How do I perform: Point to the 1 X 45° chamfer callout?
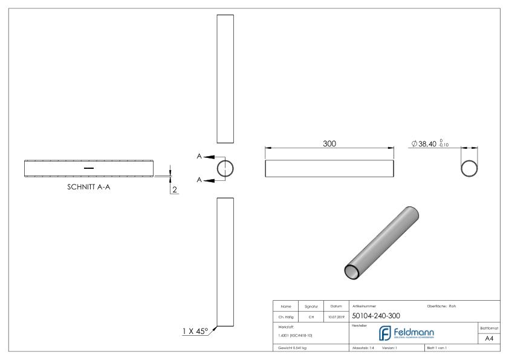click(x=195, y=331)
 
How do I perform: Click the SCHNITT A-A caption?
click(x=88, y=187)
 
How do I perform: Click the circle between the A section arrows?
click(x=225, y=168)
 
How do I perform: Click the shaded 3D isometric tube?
click(x=382, y=243)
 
